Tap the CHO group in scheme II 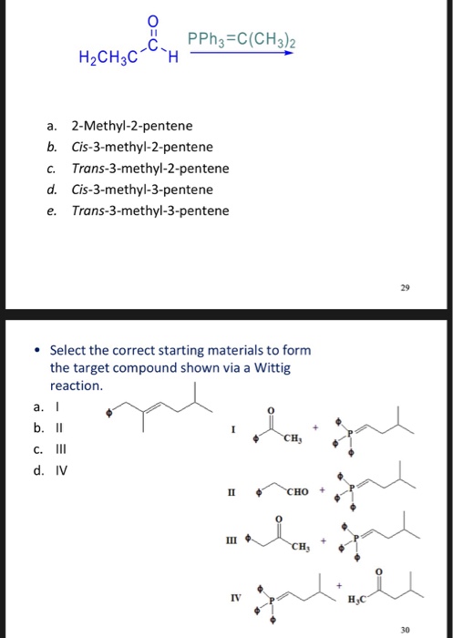[x=299, y=494]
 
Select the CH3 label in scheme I [x=293, y=441]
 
